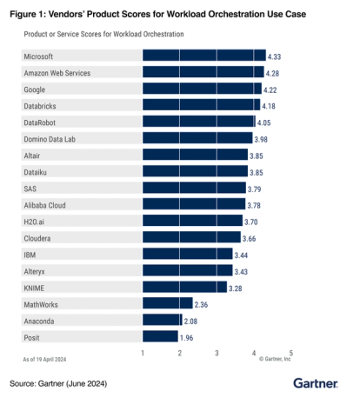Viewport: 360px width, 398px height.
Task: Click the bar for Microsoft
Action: click(x=203, y=56)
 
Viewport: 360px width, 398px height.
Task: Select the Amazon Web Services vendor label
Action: click(x=56, y=72)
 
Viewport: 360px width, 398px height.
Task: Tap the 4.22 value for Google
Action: click(x=273, y=89)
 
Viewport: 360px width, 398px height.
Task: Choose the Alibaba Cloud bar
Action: click(x=193, y=204)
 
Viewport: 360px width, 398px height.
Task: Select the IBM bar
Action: click(x=187, y=254)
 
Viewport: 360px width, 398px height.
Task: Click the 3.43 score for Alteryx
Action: click(x=245, y=270)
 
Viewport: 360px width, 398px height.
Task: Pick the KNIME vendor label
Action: click(x=35, y=287)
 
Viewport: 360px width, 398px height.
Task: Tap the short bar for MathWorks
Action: click(x=167, y=303)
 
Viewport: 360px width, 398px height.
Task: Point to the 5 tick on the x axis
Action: click(x=291, y=353)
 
